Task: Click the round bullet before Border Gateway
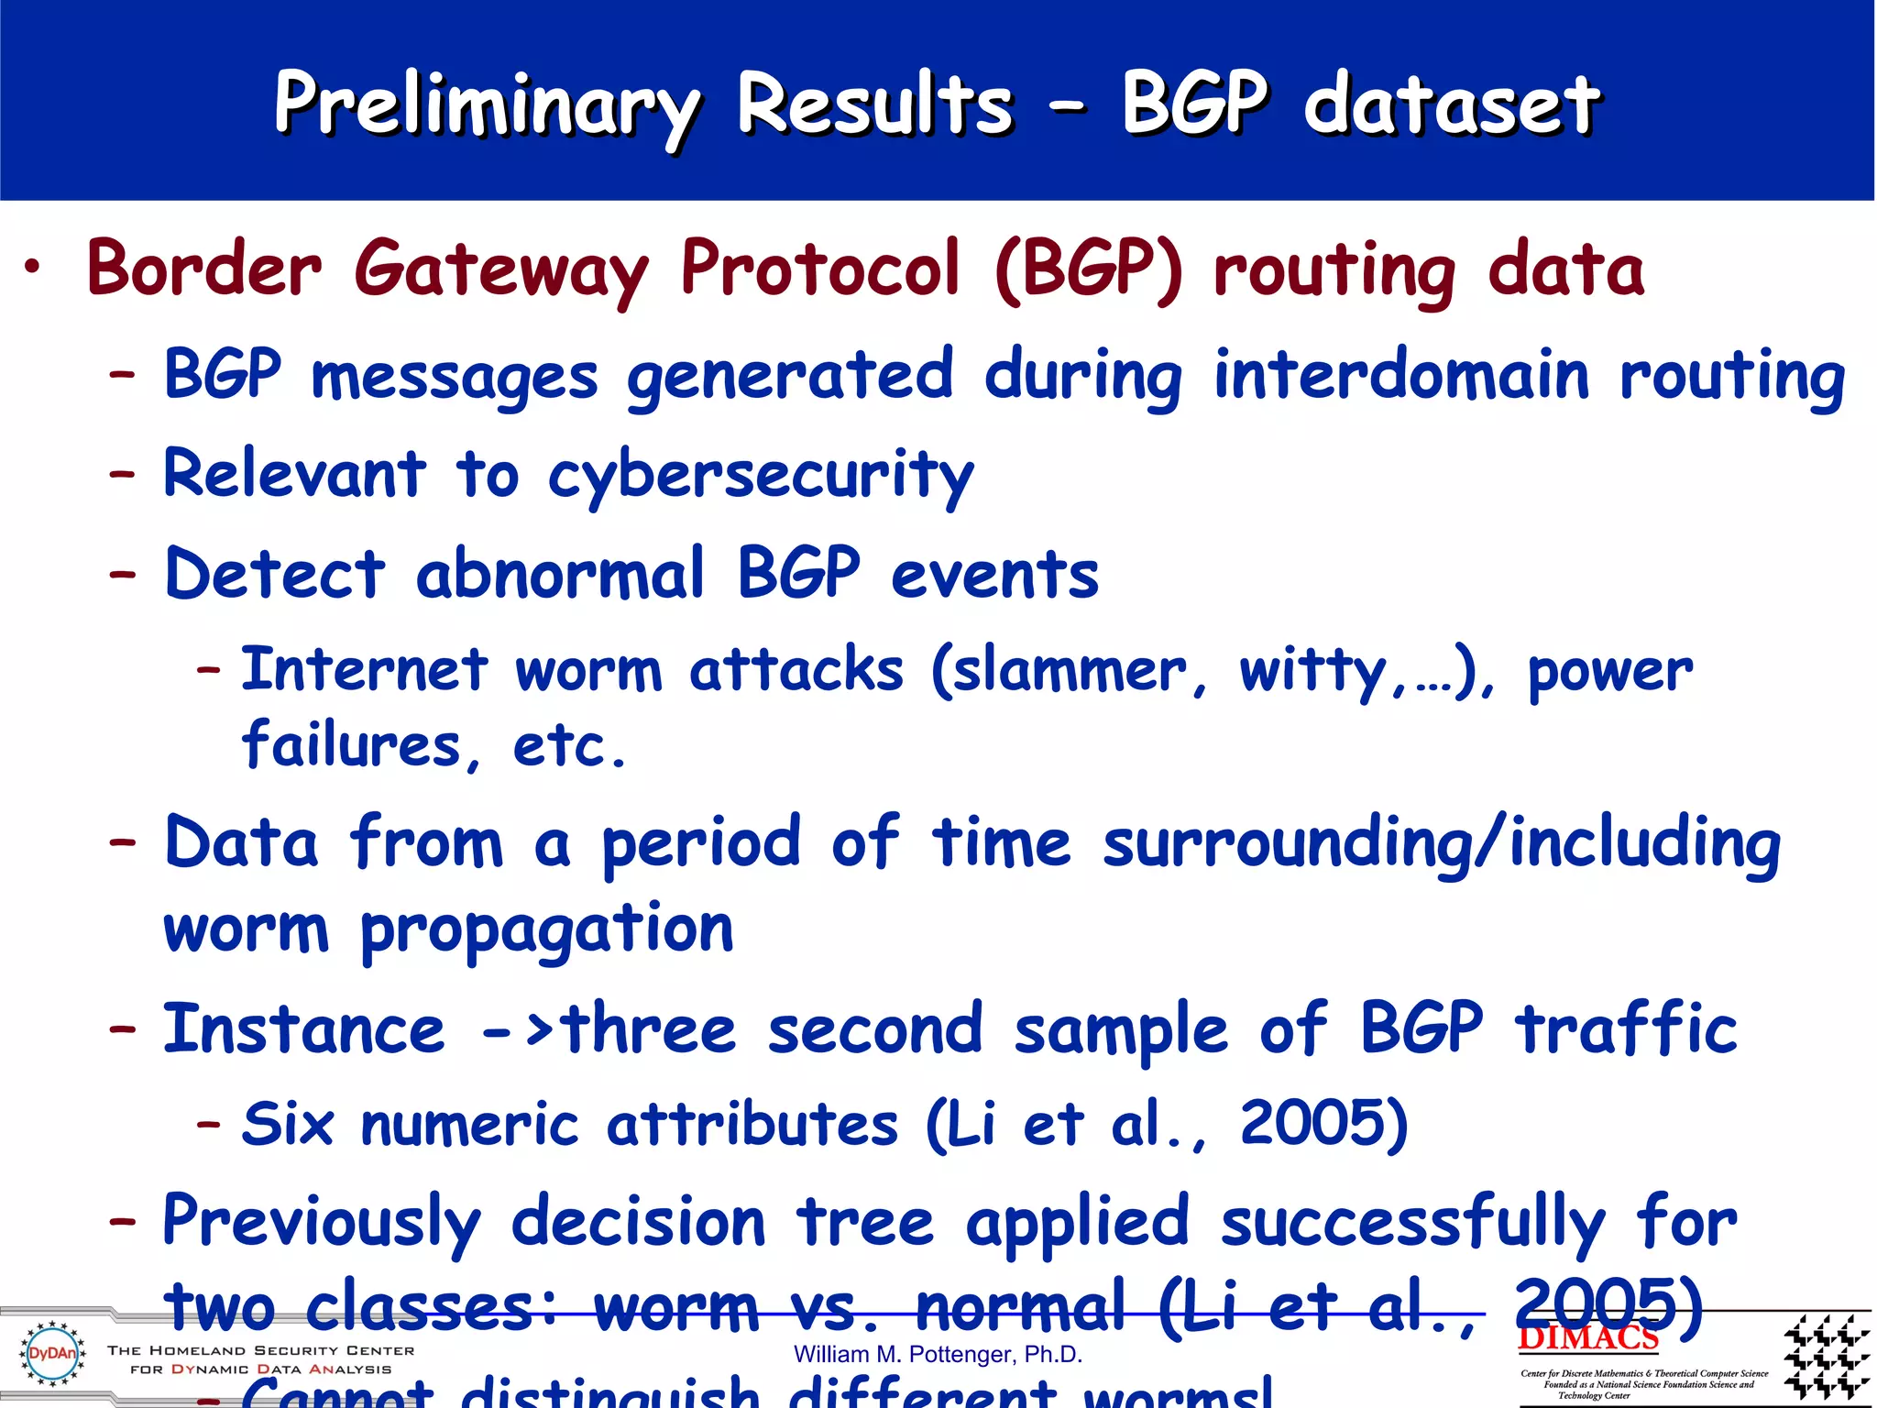[x=33, y=268]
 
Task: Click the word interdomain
[x=1401, y=376]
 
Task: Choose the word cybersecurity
[x=761, y=477]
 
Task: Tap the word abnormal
[x=560, y=575]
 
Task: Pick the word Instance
[x=304, y=1028]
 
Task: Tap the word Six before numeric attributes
[x=287, y=1124]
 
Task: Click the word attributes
[x=752, y=1124]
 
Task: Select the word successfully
[x=1412, y=1223]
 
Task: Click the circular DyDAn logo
[x=52, y=1353]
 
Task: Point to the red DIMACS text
[x=1587, y=1338]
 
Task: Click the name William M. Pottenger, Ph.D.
[x=938, y=1355]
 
